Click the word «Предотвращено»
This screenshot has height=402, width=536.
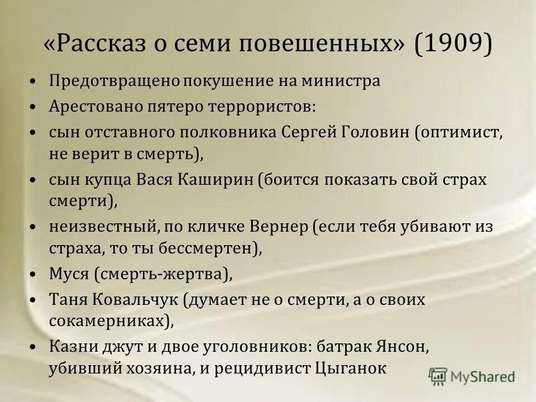[x=114, y=81]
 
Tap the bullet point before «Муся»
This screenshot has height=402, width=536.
[x=35, y=275]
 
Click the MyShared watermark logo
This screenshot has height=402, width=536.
[x=472, y=376]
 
